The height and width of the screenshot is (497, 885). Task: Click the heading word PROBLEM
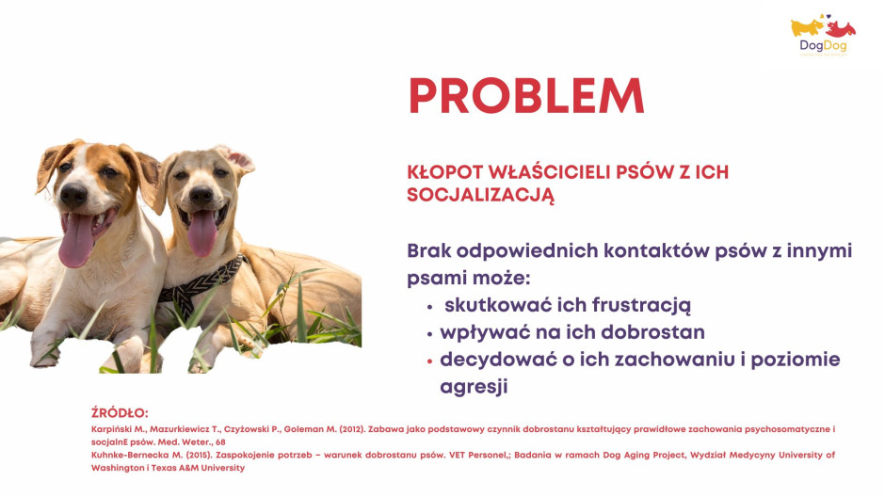526,96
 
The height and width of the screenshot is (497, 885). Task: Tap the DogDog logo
823,35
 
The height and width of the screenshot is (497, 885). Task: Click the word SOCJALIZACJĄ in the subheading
481,195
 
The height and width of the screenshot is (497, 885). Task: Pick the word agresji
475,387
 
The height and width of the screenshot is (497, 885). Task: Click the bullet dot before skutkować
429,307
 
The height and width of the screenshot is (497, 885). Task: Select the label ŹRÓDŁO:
120,413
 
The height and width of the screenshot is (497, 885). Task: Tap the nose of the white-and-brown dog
74,195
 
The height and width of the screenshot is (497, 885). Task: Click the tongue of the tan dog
201,232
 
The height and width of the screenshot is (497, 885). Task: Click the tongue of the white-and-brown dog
77,239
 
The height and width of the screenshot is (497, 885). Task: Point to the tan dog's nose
201,195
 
